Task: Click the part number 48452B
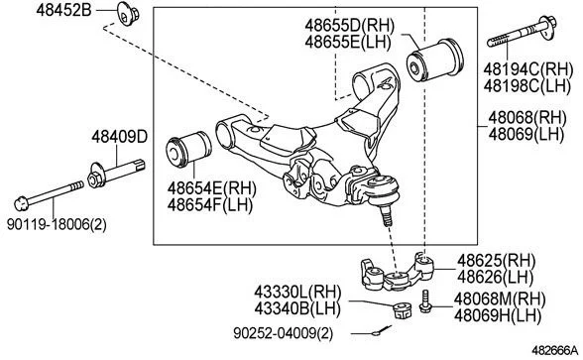[63, 10]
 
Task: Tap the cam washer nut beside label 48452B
[128, 14]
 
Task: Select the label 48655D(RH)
[349, 26]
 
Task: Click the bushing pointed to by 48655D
[436, 60]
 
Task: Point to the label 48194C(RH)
[527, 69]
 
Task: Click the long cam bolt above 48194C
[522, 32]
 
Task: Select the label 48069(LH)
[526, 134]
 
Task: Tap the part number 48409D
[120, 137]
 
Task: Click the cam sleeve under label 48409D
[116, 174]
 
